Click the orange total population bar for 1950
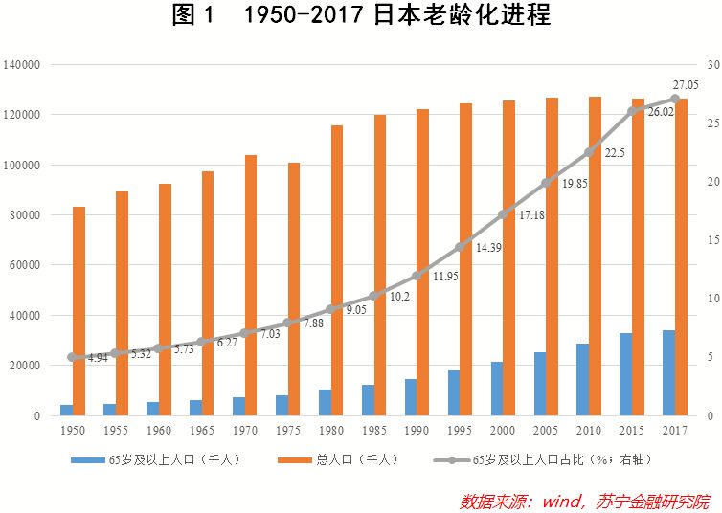coord(79,311)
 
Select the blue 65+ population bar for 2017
coord(668,372)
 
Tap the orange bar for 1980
coord(337,270)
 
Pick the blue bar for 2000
coord(497,389)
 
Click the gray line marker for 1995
coord(460,248)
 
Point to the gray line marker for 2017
coord(675,99)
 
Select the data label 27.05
coord(686,85)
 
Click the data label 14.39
coord(488,248)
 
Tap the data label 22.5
coord(615,153)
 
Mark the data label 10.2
coord(399,297)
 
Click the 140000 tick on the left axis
coord(22,65)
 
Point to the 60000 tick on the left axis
coord(25,265)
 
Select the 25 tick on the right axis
coord(713,123)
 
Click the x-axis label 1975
coord(288,430)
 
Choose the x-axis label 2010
coord(589,430)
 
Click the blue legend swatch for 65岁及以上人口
coord(87,460)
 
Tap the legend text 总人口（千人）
coord(357,459)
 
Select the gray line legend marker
coord(452,460)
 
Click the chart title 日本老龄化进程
coord(462,14)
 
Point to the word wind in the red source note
coord(562,501)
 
